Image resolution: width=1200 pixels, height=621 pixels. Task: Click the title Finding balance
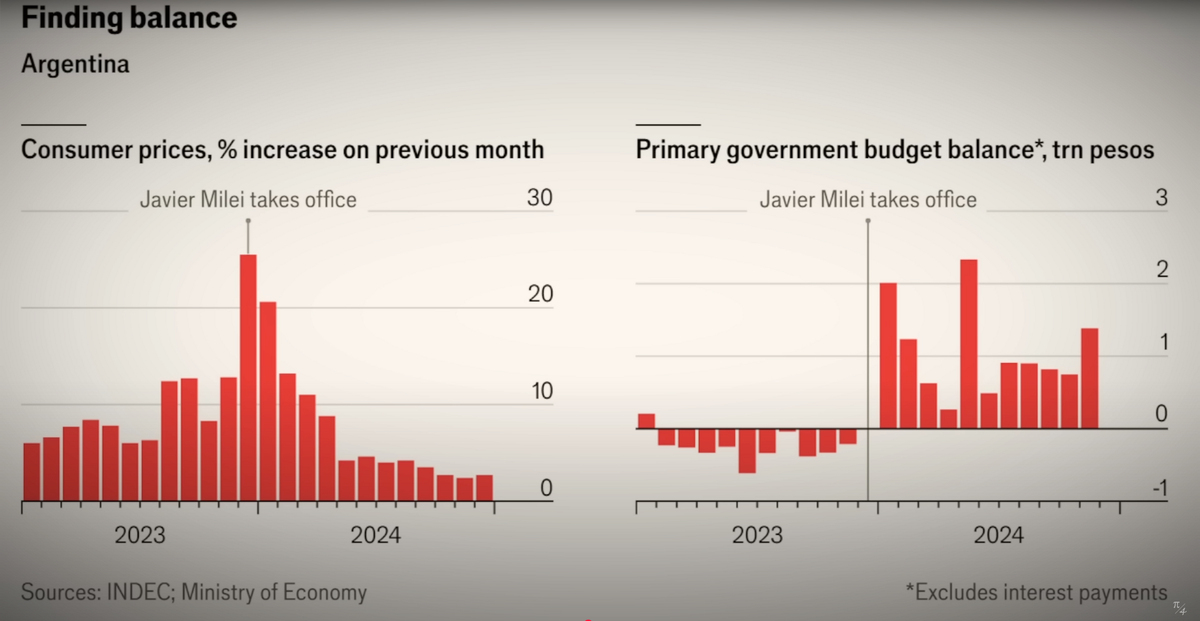[129, 18]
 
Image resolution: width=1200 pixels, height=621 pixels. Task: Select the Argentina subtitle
[75, 64]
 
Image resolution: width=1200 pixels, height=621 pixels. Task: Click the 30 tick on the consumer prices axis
[539, 198]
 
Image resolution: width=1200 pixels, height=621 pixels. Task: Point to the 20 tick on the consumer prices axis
[539, 294]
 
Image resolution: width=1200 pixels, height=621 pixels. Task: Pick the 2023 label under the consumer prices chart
[141, 535]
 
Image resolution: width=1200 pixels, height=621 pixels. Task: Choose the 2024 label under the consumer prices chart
[375, 535]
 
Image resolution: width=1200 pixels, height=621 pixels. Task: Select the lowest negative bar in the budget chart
[747, 450]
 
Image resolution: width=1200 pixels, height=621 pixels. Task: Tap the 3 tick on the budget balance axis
[1161, 198]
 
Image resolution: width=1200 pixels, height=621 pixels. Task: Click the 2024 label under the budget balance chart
[998, 535]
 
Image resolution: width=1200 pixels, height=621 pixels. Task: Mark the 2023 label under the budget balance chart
[757, 535]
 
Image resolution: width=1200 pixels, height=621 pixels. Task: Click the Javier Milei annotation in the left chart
[247, 199]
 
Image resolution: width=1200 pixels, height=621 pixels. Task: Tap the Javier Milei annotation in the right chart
[868, 199]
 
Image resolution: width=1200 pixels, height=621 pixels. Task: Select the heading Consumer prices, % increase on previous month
[283, 150]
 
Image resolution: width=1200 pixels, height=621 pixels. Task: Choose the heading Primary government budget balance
[895, 150]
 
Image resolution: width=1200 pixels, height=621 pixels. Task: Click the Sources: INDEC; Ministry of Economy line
[194, 592]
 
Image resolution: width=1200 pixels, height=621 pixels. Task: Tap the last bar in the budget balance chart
[1090, 378]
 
